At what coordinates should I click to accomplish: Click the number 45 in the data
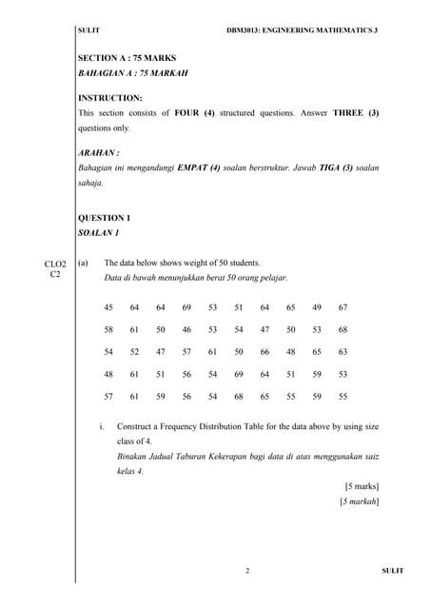[x=108, y=307]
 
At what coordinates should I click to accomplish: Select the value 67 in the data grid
[x=343, y=307]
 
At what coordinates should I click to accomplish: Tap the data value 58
[x=108, y=329]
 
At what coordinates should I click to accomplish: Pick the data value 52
[x=134, y=351]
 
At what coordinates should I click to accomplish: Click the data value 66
[x=264, y=351]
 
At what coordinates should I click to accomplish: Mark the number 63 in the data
[x=343, y=351]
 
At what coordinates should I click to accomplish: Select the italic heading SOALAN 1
[x=99, y=232]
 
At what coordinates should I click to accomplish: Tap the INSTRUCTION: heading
[x=109, y=97]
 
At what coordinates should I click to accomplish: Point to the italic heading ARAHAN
[x=98, y=152]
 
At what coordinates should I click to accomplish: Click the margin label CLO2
[x=55, y=263]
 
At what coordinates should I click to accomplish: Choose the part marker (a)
[x=84, y=263]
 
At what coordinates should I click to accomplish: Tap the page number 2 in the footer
[x=246, y=571]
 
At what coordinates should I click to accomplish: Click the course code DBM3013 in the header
[x=248, y=30]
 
